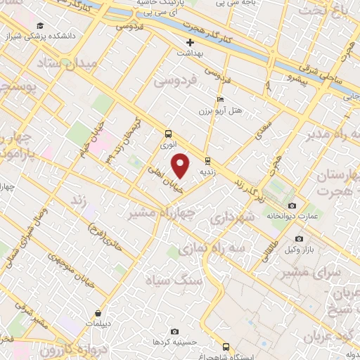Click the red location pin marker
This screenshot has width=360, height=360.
(x=181, y=165)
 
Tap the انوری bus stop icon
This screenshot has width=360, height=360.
(x=168, y=134)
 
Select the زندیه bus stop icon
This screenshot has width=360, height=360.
(x=207, y=160)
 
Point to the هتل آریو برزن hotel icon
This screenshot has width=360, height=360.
(x=221, y=101)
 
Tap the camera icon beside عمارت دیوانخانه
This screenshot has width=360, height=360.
(x=292, y=205)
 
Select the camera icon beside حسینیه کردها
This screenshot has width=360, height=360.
(x=175, y=331)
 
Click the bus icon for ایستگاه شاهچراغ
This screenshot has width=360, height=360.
(x=226, y=346)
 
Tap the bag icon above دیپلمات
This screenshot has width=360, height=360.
(x=103, y=314)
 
